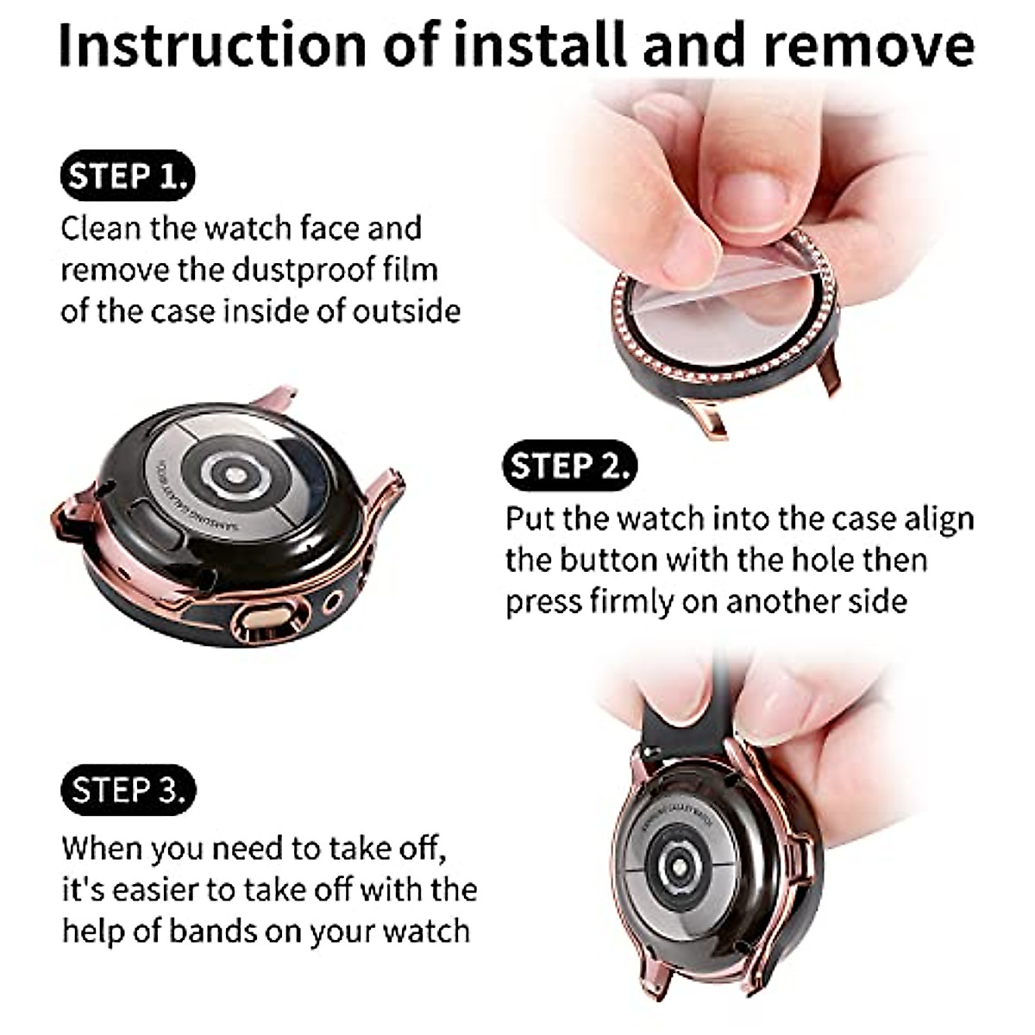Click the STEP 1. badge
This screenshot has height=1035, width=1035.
(x=128, y=176)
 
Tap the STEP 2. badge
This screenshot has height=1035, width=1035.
(x=569, y=466)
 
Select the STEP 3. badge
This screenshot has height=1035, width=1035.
(x=128, y=789)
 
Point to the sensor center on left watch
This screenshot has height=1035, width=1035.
(x=232, y=473)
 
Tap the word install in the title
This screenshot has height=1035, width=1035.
(x=543, y=45)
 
